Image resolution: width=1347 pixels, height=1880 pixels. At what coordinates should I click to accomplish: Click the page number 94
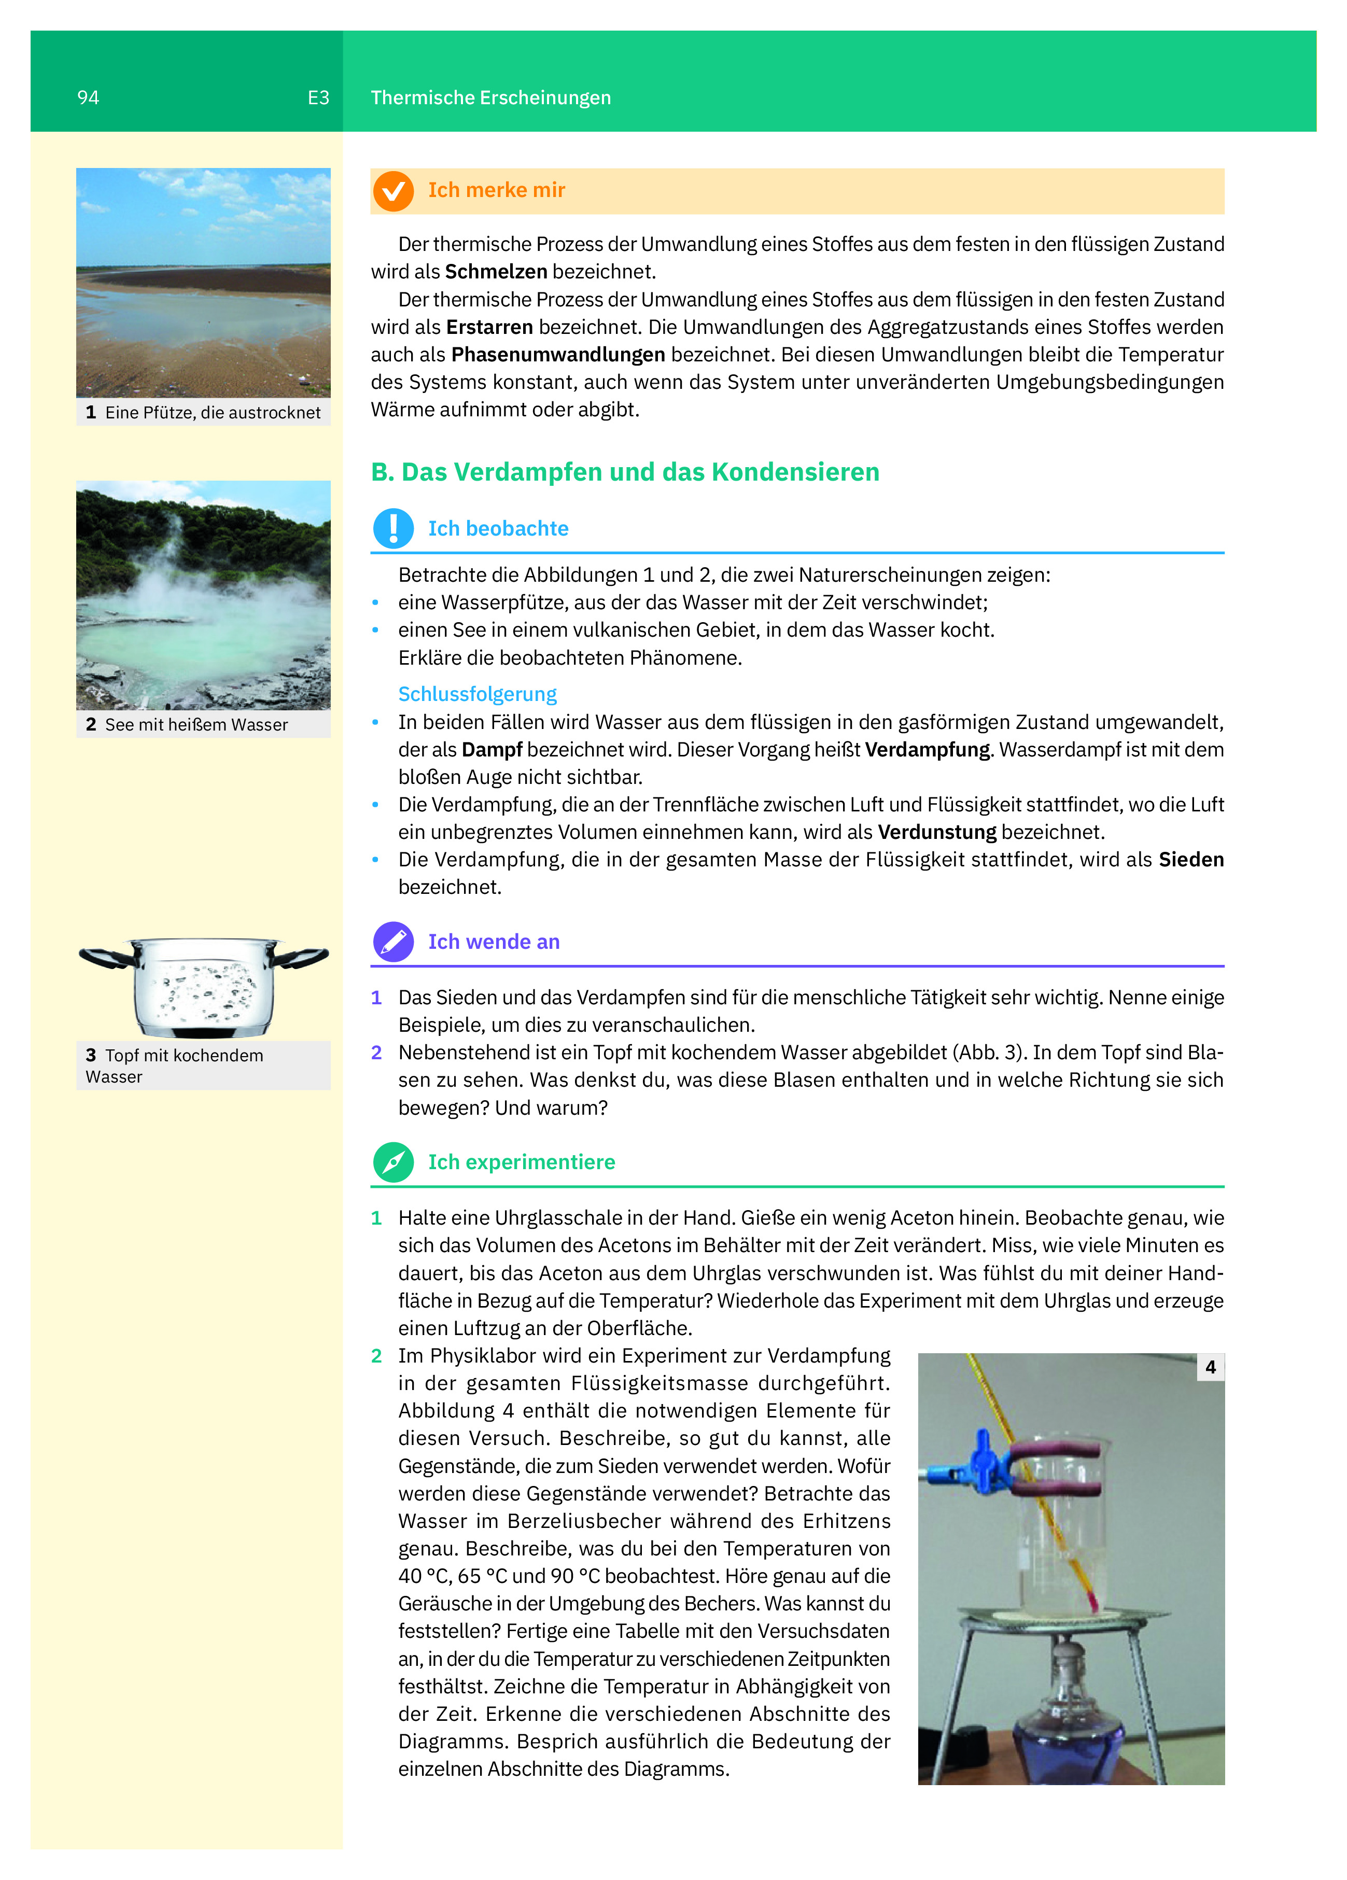click(88, 98)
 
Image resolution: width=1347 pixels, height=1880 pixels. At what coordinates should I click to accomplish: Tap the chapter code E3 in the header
click(318, 98)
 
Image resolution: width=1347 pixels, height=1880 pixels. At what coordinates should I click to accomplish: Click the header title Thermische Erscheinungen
click(490, 98)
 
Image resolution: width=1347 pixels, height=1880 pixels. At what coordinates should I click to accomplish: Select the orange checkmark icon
click(393, 191)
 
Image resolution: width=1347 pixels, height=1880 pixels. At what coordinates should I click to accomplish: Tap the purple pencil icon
click(393, 942)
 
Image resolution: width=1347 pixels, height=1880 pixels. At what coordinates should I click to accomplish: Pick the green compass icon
click(393, 1162)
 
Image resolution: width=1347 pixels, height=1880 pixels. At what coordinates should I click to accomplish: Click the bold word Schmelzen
click(496, 272)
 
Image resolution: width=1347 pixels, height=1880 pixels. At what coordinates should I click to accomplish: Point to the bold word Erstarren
click(489, 328)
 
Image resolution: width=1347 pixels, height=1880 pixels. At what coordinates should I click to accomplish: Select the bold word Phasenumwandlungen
click(558, 355)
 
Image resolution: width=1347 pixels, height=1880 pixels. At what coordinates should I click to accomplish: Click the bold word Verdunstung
click(937, 832)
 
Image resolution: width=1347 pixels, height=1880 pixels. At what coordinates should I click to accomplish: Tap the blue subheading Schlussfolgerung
click(478, 694)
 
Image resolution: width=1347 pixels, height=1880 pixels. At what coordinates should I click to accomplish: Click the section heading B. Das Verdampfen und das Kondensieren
click(625, 472)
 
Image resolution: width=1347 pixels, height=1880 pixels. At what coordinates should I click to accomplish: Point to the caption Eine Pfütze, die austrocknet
click(212, 413)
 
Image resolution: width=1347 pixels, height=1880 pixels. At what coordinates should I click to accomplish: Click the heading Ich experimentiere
click(522, 1162)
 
